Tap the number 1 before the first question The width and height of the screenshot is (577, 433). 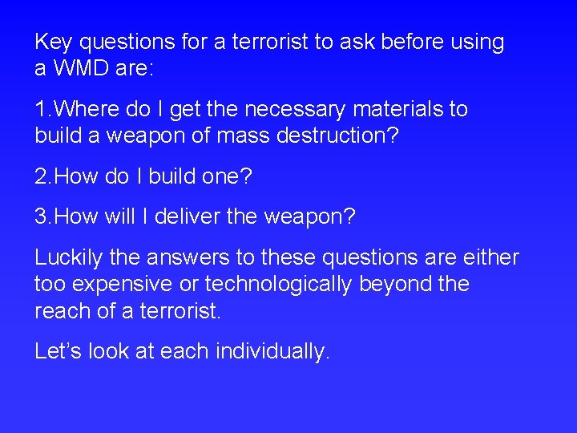40,109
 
